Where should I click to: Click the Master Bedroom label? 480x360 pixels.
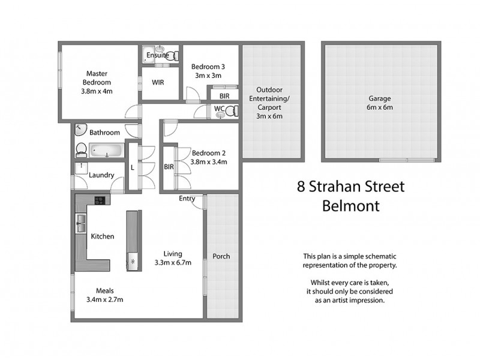point(97,82)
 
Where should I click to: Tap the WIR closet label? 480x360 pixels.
point(158,82)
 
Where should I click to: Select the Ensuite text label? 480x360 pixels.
point(157,55)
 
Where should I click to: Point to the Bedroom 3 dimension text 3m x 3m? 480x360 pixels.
point(208,76)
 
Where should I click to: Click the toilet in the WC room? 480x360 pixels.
point(232,110)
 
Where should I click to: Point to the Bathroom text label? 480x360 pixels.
point(104,133)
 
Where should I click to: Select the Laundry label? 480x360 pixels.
point(101,175)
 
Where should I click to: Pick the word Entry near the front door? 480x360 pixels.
point(187,199)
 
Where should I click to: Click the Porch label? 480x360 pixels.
point(221,256)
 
